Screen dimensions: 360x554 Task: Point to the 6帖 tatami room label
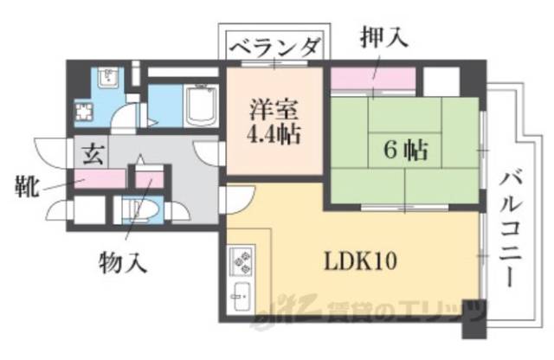point(404,150)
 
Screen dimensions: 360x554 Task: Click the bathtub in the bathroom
point(203,107)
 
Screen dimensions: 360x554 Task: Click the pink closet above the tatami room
point(372,80)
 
